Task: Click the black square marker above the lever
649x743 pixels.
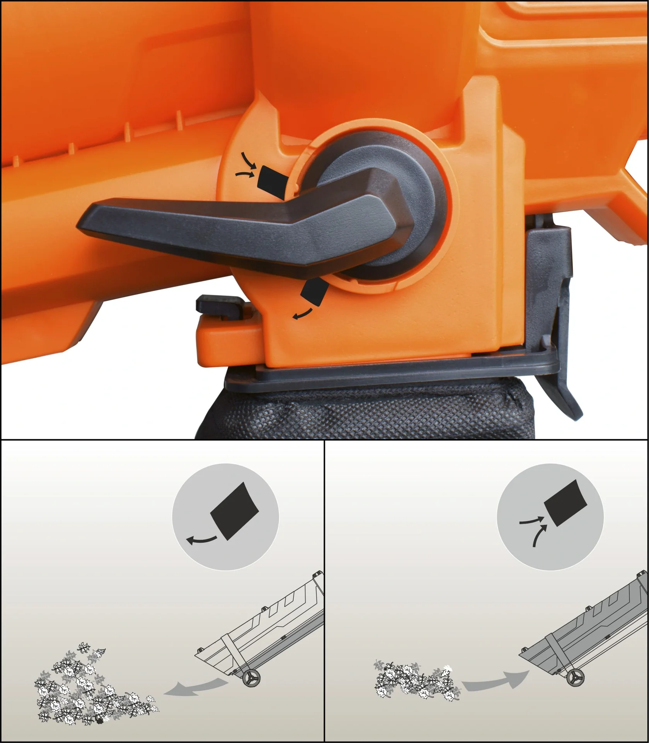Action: point(272,181)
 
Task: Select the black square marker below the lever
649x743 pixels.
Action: point(315,292)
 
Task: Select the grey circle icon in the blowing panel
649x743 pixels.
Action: point(225,517)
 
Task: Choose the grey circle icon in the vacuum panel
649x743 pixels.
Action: point(550,517)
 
